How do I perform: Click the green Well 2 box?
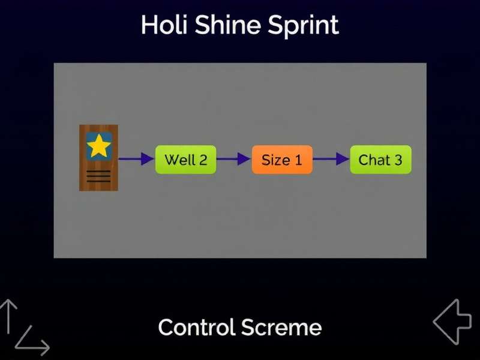pyautogui.click(x=185, y=160)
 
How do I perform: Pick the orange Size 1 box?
pyautogui.click(x=282, y=160)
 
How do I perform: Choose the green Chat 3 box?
pyautogui.click(x=380, y=160)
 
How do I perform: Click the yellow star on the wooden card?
pyautogui.click(x=99, y=146)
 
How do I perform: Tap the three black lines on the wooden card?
pyautogui.click(x=98, y=176)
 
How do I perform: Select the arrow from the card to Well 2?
pyautogui.click(x=136, y=159)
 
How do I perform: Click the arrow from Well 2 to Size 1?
pyautogui.click(x=233, y=159)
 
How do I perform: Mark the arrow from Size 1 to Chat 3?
pyautogui.click(x=331, y=159)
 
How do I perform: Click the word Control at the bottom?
pyautogui.click(x=196, y=328)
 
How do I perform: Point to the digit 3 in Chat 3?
pyautogui.click(x=397, y=160)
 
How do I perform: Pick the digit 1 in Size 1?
pyautogui.click(x=298, y=160)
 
